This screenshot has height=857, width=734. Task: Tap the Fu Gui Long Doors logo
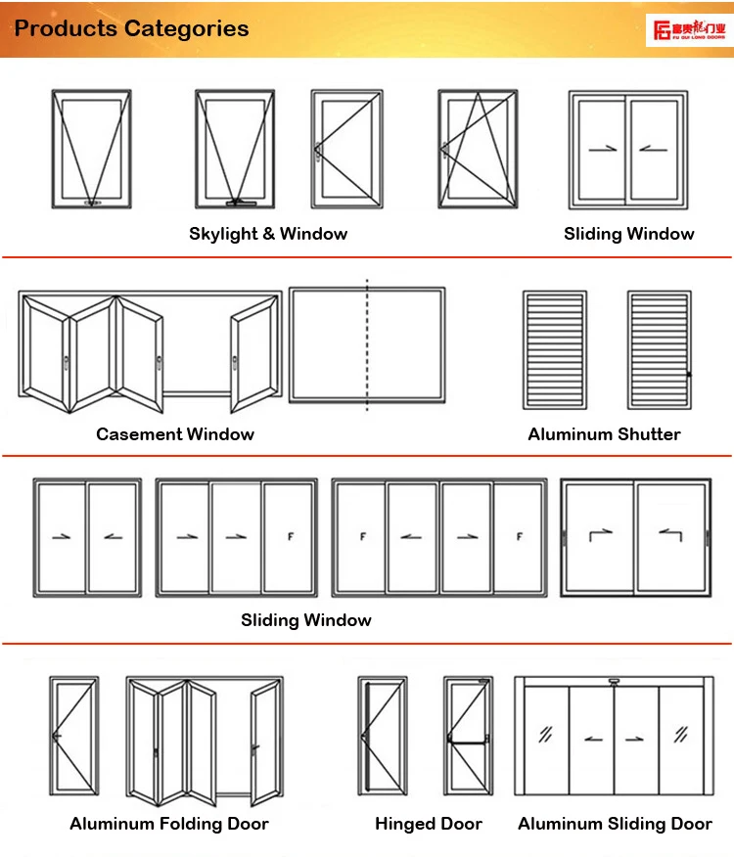[689, 29]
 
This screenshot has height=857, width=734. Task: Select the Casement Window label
[175, 434]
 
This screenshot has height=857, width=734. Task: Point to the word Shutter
[646, 434]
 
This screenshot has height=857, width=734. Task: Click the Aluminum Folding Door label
[169, 824]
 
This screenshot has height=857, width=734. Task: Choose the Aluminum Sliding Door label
[616, 824]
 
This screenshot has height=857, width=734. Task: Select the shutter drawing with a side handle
[660, 349]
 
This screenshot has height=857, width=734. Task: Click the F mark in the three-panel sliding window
[290, 537]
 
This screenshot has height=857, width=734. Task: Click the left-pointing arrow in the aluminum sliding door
[593, 737]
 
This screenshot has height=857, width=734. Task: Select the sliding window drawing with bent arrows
[635, 536]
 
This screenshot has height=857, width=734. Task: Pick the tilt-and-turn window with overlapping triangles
[478, 150]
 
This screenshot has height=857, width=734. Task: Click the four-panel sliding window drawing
[439, 537]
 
